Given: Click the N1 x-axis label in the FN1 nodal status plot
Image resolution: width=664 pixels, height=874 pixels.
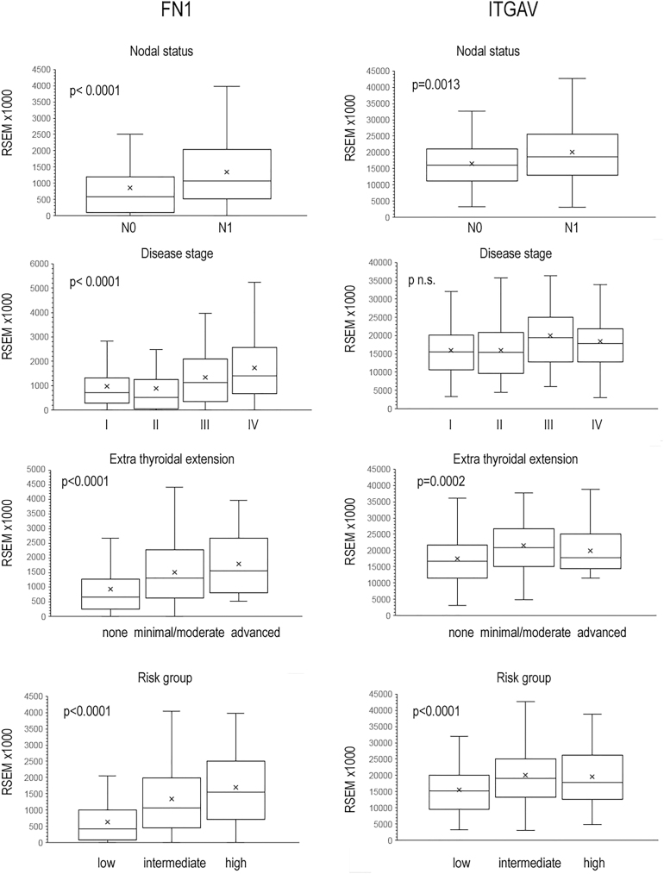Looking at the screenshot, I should click(x=228, y=230).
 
